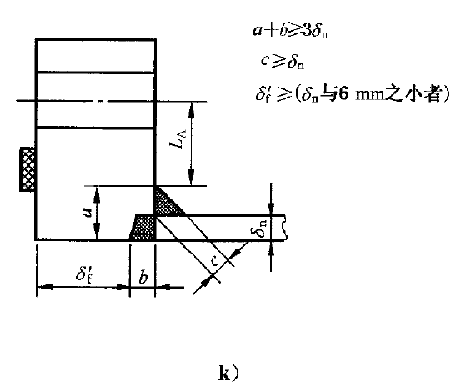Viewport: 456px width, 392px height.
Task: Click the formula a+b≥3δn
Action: pos(291,31)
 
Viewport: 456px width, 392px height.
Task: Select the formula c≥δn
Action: pos(283,62)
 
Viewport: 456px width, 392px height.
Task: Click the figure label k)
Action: pos(228,374)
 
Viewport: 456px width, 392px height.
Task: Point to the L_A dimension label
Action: pos(178,139)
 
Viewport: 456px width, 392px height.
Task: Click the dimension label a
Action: pos(87,212)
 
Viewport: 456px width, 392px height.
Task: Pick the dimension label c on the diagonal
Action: pos(214,260)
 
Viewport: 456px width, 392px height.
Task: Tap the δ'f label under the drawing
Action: pos(84,274)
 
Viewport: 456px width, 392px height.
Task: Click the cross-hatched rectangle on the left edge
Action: pos(28,169)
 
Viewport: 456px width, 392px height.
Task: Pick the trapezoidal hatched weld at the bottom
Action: pos(143,226)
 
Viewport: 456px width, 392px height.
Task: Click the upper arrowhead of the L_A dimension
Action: pos(191,110)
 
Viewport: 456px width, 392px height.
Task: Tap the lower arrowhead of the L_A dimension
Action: pos(191,178)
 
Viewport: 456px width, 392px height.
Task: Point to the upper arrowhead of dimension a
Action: pos(97,195)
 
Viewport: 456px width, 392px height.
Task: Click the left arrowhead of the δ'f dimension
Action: pos(45,287)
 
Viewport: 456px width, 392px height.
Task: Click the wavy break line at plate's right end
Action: pos(286,228)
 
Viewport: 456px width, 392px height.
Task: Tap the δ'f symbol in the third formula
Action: pos(263,94)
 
